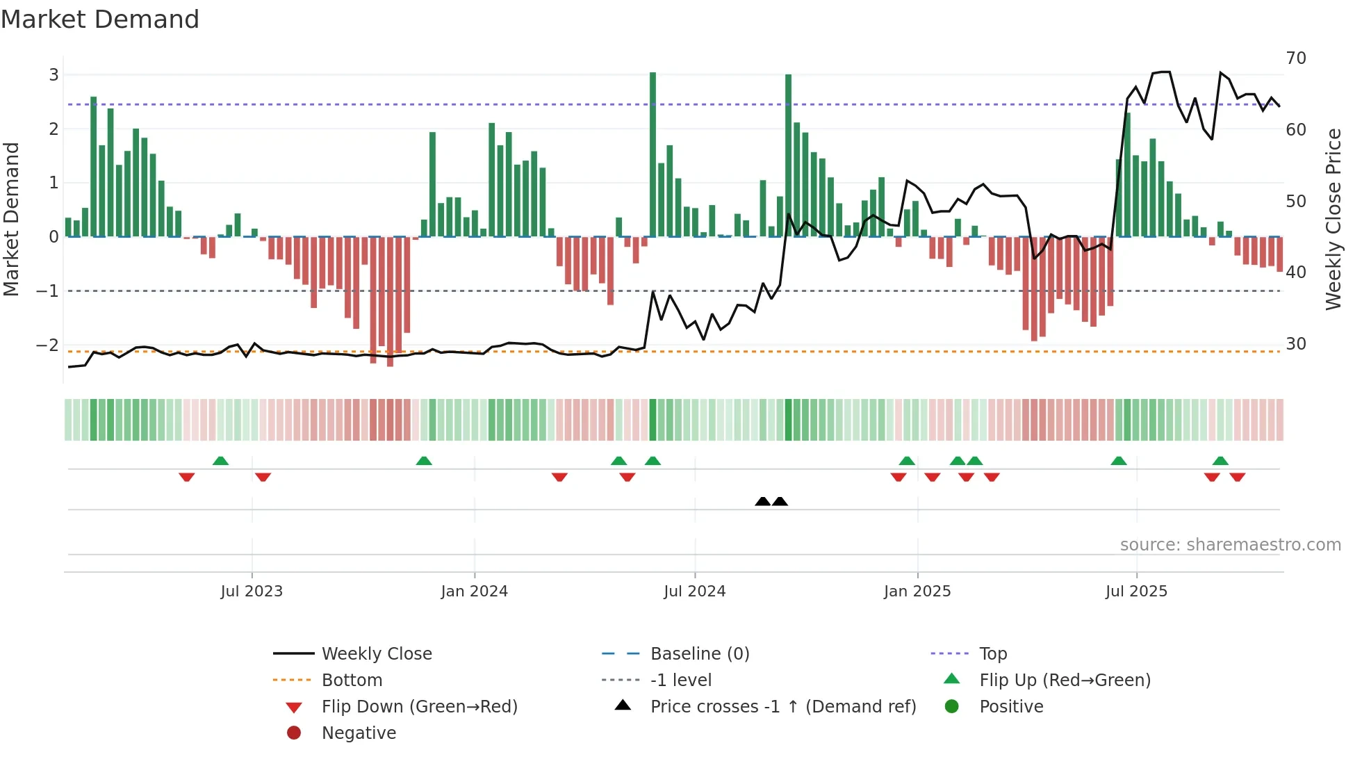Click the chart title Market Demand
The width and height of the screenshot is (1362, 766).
100,19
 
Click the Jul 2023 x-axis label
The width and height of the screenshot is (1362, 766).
252,592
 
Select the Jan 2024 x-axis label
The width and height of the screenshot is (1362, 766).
475,592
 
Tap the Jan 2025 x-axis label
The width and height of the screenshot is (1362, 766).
917,592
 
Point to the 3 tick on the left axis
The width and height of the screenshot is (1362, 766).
54,75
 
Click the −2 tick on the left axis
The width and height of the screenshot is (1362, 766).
48,345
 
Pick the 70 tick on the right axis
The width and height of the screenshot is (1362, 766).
1296,58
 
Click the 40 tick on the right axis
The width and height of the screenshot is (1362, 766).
1296,272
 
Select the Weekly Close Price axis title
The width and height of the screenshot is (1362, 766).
1333,219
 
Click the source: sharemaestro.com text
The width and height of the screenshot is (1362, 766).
1230,545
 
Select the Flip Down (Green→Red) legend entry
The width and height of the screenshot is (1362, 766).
419,707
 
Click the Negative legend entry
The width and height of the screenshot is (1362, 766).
359,733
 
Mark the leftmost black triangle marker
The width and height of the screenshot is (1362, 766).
762,501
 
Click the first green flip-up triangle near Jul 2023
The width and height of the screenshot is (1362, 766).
220,461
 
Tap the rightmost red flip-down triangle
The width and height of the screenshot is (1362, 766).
1238,477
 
